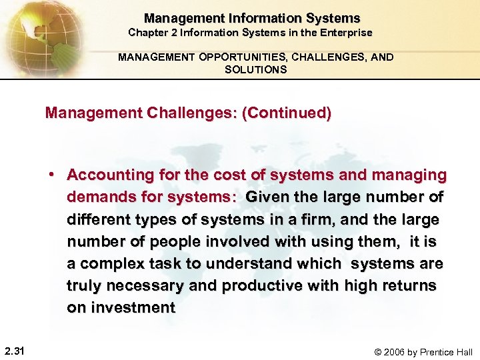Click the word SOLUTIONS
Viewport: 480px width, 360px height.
coord(256,69)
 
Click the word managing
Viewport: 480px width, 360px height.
coord(408,175)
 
